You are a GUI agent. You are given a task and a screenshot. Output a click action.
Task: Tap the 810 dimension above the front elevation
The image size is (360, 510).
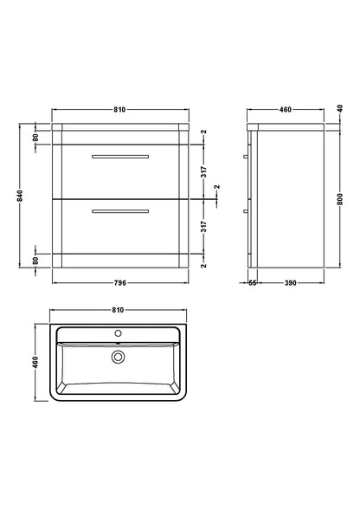coord(119,110)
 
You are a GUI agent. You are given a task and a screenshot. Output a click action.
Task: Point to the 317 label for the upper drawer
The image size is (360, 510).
coord(204,171)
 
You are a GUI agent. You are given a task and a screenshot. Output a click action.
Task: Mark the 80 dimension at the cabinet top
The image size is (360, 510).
coord(35,136)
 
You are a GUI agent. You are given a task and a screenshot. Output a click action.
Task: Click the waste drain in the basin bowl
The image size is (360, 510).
coord(119,355)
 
